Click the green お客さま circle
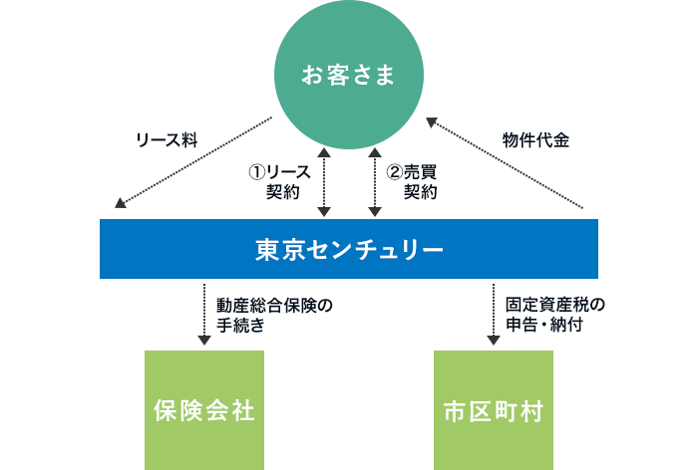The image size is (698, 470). pos(349,75)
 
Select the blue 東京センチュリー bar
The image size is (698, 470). pos(349,248)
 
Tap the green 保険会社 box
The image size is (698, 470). pos(204,409)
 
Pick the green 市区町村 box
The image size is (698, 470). pos(494,409)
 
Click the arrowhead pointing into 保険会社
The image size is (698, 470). pos(204,341)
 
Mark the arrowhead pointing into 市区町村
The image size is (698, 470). pos(494,341)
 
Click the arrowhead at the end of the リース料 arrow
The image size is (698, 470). pos(121,204)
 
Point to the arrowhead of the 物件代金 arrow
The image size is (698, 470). pos(432,121)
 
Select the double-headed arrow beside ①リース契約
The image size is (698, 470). pos(324,181)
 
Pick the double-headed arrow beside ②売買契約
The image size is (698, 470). pos(375,181)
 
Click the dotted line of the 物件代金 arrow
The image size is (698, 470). pos(509,165)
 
